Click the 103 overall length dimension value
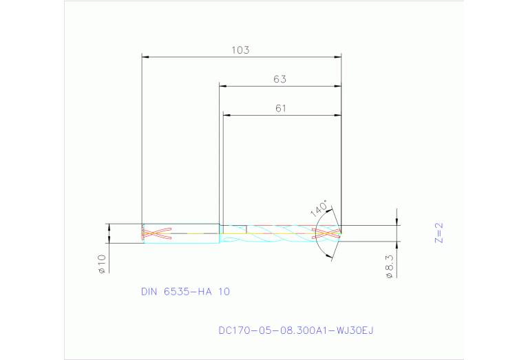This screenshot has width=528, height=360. point(241,50)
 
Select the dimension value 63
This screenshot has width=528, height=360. point(279,79)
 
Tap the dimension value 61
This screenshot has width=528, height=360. point(279,108)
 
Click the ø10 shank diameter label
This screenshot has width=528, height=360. point(101,264)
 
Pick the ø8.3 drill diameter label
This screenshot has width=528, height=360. point(390,266)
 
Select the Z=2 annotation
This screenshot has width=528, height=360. point(439,233)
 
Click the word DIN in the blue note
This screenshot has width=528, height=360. point(149,292)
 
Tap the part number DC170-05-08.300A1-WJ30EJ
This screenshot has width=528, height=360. point(296,331)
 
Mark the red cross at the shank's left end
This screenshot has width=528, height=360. point(156,233)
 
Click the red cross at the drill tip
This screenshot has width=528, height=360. point(327,233)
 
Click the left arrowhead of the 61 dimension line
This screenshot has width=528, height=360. point(226,115)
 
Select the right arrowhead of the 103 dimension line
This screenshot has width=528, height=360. point(339,57)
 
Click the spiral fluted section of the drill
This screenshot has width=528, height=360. point(282,233)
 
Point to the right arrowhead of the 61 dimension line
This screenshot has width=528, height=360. point(339,115)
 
